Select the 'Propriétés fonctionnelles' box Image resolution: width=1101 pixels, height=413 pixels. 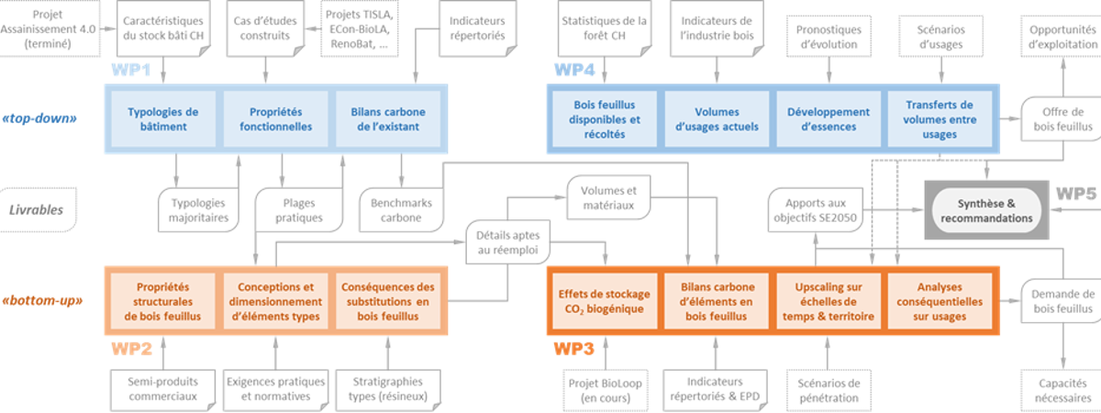(275, 119)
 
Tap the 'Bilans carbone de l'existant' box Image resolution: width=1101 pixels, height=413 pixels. (389, 119)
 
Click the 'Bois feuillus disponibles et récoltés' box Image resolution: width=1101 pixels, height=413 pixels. (605, 119)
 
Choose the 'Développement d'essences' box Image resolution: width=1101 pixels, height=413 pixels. (828, 119)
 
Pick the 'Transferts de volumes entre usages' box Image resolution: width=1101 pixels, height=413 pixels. (940, 119)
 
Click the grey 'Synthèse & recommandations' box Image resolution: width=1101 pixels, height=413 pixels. (986, 211)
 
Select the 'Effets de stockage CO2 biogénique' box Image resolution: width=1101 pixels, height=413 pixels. (604, 302)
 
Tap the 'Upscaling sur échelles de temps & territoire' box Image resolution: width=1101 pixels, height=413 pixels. (828, 302)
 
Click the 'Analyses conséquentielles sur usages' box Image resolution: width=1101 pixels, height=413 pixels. (940, 302)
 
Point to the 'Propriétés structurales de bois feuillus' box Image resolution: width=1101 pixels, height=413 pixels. (163, 302)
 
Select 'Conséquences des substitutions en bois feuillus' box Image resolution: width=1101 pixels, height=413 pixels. (387, 302)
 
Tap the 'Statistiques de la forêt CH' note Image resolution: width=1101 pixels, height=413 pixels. (603, 27)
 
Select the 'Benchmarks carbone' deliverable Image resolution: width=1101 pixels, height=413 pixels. (402, 210)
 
